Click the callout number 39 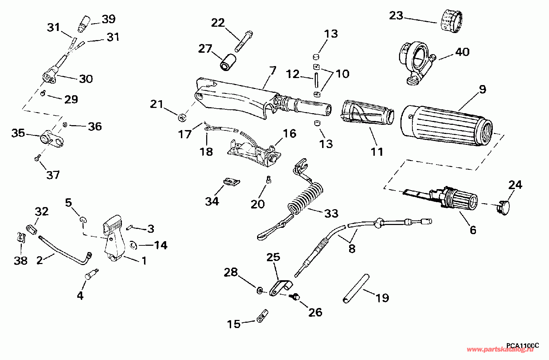pos(108,19)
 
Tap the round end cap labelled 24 pos(502,208)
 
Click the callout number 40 pos(462,52)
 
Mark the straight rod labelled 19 pos(356,288)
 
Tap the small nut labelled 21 pos(182,117)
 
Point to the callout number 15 pos(234,324)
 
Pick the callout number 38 pos(21,261)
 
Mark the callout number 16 pos(289,134)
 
